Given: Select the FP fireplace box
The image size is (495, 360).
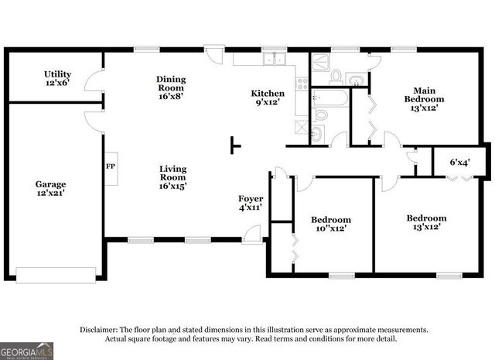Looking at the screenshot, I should (x=110, y=166).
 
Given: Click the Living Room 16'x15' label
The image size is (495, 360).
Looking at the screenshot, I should (x=172, y=177).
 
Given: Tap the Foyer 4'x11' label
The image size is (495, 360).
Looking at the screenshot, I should (x=251, y=204).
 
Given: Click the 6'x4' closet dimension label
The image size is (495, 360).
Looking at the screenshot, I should (x=460, y=163).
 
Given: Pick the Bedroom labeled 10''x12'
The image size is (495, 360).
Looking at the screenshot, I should (x=331, y=224).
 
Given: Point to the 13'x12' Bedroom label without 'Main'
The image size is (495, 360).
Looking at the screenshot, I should (x=426, y=223).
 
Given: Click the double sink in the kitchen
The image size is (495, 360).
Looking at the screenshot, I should (x=273, y=60).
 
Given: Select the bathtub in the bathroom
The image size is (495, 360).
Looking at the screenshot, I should (x=330, y=98).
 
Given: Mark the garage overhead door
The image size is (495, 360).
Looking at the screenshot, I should (x=56, y=273).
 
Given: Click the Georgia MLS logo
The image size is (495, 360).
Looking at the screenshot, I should (x=27, y=351).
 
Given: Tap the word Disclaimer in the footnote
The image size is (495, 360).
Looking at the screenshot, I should (x=99, y=330).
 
